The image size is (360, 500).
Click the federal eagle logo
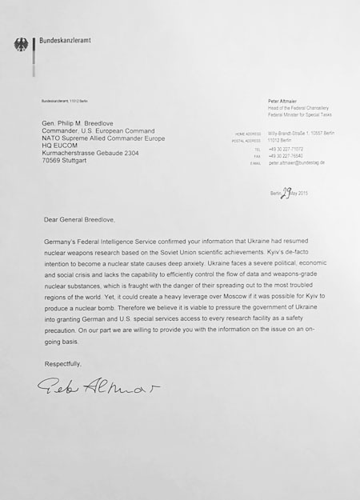click(x=20, y=45)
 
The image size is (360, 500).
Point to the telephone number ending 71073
click(x=286, y=149)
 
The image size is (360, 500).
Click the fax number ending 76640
click(x=286, y=155)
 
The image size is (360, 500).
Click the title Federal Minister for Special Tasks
click(x=300, y=115)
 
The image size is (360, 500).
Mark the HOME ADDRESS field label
click(x=249, y=134)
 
